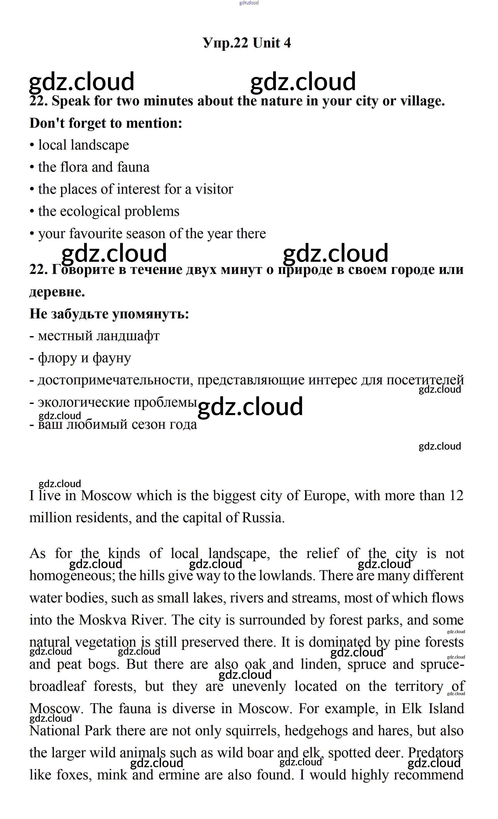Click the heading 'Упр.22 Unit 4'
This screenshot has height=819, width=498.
pyautogui.click(x=246, y=43)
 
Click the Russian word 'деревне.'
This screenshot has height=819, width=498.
pyautogui.click(x=57, y=292)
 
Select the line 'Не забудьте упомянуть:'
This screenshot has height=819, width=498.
pyautogui.click(x=109, y=314)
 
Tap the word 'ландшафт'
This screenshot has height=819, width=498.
pyautogui.click(x=128, y=336)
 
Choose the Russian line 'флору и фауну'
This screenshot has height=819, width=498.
pyautogui.click(x=84, y=358)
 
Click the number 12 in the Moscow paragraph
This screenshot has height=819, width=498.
pyautogui.click(x=456, y=496)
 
